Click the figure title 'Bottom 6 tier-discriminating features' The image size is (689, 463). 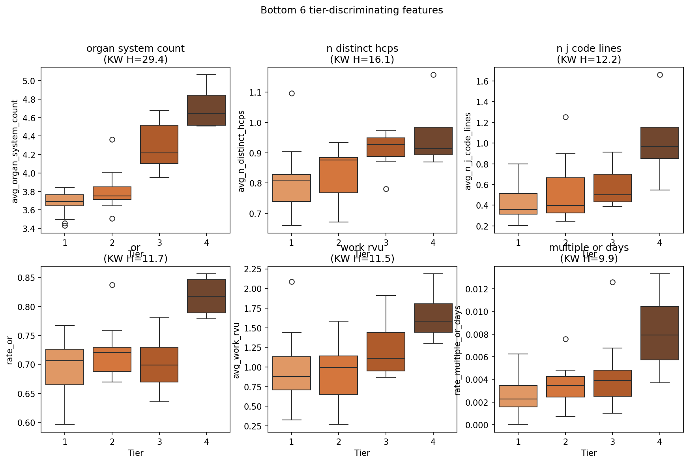(352, 10)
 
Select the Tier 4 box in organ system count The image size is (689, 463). (206, 110)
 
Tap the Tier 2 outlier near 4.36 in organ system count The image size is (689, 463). (112, 139)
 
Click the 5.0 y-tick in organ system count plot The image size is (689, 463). (30, 81)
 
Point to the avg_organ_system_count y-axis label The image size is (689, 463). (15, 151)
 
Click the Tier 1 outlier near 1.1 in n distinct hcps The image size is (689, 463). (292, 93)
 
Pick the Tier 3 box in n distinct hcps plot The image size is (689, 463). (386, 147)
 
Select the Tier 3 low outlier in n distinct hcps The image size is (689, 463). (386, 189)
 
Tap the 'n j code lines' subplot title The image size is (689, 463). (589, 49)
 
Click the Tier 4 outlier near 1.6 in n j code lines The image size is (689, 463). (660, 75)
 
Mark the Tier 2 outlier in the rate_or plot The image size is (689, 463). (112, 285)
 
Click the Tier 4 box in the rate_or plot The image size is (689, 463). (206, 296)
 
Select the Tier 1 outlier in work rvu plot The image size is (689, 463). (292, 282)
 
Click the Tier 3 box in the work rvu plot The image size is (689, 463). (386, 352)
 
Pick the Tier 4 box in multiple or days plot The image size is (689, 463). (660, 333)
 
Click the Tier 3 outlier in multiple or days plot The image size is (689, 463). (612, 282)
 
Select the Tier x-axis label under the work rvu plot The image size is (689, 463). (362, 453)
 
